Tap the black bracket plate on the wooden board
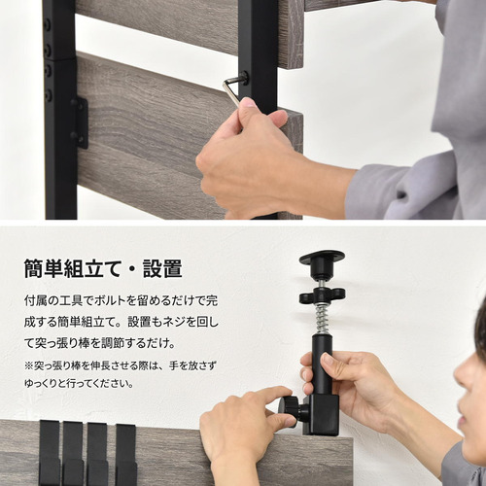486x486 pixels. (x=81, y=123)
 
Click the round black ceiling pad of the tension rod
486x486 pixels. (x=322, y=258)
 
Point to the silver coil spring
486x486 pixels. (x=322, y=319)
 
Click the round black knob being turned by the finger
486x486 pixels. (x=288, y=411)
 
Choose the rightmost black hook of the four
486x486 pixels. (x=126, y=455)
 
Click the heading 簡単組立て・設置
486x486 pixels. (x=103, y=268)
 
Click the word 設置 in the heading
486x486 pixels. (x=162, y=268)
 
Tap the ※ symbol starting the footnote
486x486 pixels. (x=29, y=366)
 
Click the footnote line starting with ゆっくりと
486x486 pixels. (x=79, y=384)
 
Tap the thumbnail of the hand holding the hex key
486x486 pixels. (x=250, y=102)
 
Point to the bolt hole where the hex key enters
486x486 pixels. (x=244, y=78)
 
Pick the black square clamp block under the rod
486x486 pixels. (x=321, y=415)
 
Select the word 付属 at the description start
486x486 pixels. (x=35, y=301)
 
